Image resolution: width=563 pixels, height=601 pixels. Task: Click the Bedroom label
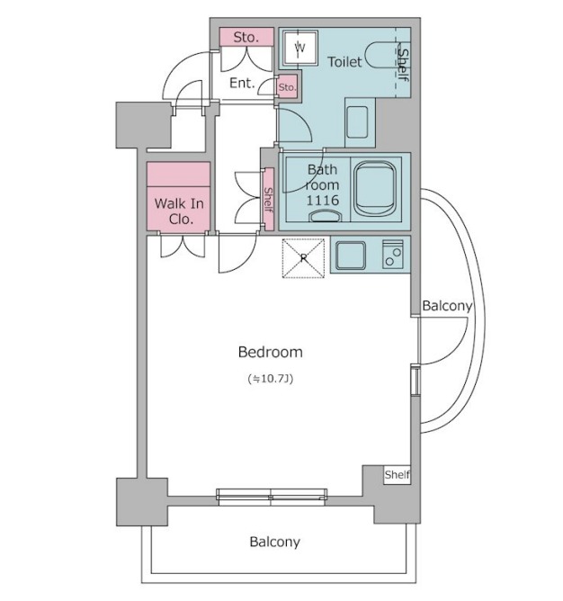pos(270,352)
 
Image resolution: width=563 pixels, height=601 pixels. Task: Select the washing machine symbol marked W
pos(300,48)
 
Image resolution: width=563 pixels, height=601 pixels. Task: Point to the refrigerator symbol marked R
pos(303,258)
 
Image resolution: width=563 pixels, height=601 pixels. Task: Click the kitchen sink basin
pos(350,255)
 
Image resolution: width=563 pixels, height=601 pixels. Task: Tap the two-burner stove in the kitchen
pos(393,254)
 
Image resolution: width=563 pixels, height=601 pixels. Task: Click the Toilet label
pos(344,62)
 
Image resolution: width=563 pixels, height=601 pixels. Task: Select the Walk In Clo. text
pos(179,211)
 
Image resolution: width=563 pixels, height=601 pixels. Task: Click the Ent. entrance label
pos(242,83)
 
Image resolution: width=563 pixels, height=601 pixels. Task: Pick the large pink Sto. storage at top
pos(246,37)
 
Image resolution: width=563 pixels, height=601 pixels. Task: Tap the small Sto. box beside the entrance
pos(288,86)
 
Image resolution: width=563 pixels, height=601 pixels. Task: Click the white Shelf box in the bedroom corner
pos(398,475)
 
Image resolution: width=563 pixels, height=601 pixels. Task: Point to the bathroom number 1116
pos(322,200)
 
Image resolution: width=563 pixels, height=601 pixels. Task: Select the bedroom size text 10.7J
pos(271,379)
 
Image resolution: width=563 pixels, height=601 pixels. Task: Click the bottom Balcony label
pos(274,542)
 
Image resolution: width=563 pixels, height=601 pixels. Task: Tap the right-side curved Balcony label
pos(447,306)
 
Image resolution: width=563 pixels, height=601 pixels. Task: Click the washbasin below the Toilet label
pos(357,122)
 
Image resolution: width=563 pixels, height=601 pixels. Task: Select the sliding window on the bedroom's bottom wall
pos(272,498)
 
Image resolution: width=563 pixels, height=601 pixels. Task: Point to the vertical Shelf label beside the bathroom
pos(269,200)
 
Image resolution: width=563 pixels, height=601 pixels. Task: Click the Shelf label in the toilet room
pos(403,65)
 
